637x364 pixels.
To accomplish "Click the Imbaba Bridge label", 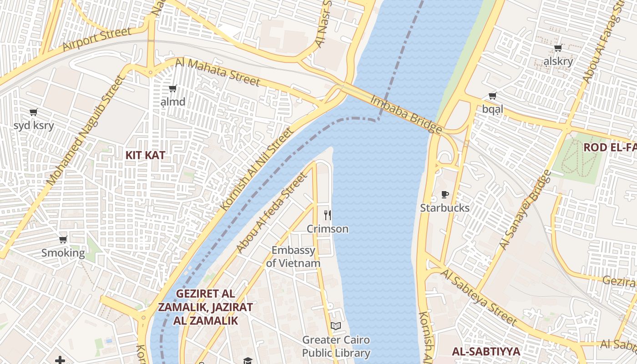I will pos(406,115).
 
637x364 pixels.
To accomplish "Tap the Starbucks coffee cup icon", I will pos(445,195).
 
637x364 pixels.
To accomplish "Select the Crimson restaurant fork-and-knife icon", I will pos(328,215).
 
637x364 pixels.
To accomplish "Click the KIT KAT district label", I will pos(145,155).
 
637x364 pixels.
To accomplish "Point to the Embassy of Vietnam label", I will pos(293,257).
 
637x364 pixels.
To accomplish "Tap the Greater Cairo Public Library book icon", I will pos(336,326).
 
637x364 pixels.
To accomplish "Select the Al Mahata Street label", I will pos(217,72).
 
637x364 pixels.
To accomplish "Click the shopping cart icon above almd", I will pos(172,88).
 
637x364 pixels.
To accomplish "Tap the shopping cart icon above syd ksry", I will pos(33,112).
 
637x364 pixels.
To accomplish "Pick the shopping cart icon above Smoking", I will pos(63,239).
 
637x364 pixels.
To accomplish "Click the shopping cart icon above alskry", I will pos(558,48).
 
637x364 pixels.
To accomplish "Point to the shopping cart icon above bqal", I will pos(492,96).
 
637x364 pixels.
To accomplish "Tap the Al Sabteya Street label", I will pos(479,297).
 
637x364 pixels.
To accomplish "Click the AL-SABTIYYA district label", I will pos(486,351).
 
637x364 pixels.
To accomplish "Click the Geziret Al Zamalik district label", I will pos(205,307).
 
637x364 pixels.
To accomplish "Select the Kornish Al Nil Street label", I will pos(258,169).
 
